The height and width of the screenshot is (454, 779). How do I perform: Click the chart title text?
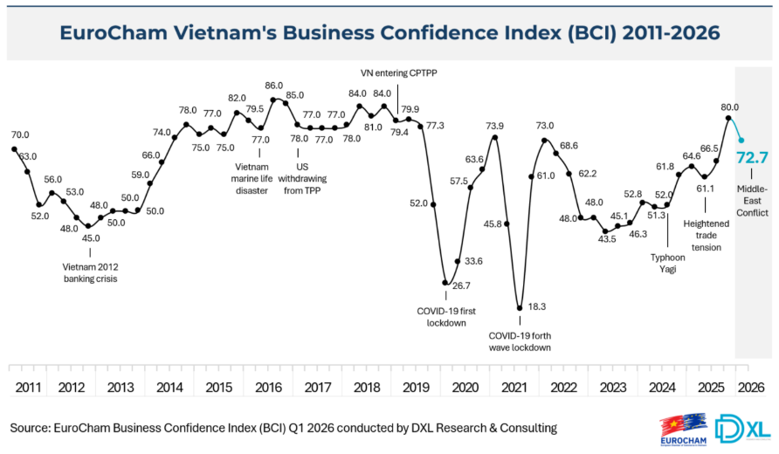[x=389, y=32]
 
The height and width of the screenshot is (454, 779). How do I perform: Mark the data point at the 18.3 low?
[x=520, y=307]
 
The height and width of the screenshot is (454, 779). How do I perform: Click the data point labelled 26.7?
[x=445, y=283]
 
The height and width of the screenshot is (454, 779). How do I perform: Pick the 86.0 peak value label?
[x=274, y=86]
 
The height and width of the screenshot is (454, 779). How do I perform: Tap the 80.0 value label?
[x=729, y=93]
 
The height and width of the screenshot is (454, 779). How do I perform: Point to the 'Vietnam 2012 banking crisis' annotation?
[x=90, y=272]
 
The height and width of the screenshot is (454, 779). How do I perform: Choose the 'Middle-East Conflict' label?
[x=751, y=200]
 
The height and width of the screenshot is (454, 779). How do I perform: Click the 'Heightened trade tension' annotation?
[x=707, y=235]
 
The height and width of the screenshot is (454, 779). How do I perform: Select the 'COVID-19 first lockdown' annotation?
[x=446, y=316]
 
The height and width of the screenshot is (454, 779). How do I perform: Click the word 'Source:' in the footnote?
[x=30, y=428]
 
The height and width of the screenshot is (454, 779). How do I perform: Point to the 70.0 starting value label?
[x=20, y=134]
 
